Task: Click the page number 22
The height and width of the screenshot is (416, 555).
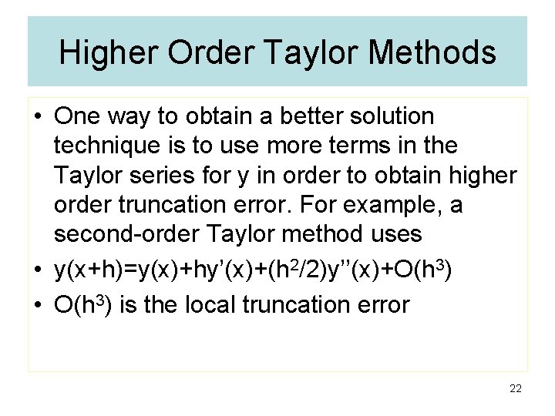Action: pos(516,389)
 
